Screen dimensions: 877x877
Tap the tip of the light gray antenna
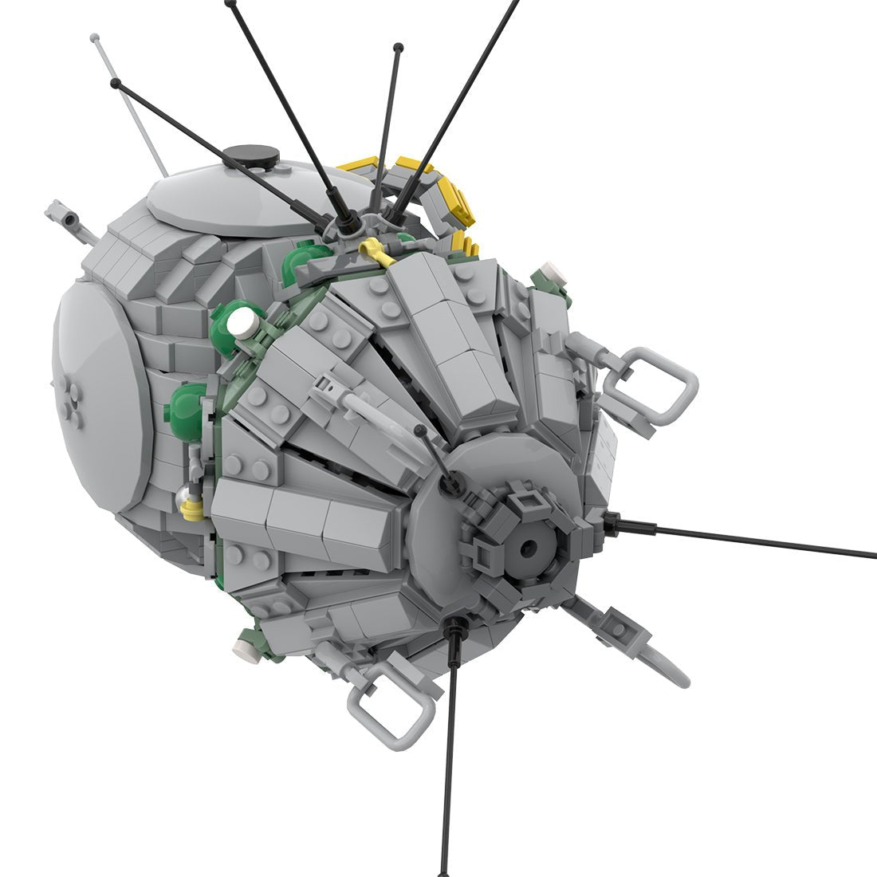(95, 37)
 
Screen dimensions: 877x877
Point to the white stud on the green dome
(243, 322)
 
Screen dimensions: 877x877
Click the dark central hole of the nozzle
(528, 549)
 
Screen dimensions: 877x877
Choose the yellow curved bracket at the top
(446, 191)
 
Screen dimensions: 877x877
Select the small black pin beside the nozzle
(421, 431)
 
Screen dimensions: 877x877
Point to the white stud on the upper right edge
(553, 272)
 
